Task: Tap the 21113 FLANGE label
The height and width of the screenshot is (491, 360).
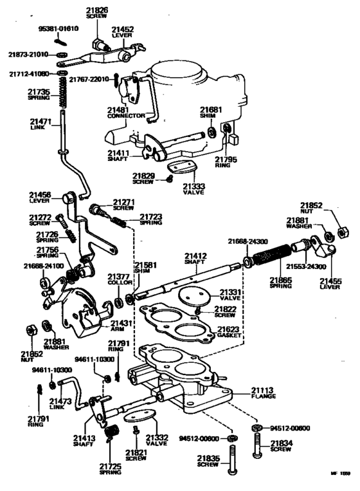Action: click(x=263, y=393)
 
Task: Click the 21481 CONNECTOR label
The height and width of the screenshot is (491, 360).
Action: click(x=123, y=113)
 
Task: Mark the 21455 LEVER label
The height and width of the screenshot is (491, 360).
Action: click(x=332, y=284)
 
